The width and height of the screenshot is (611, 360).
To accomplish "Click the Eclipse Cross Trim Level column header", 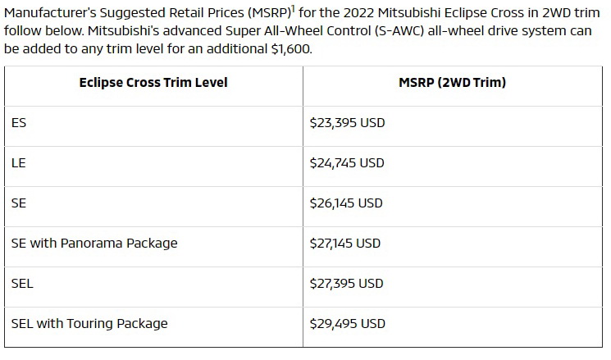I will click(x=153, y=83).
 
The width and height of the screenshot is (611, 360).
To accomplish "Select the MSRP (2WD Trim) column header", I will click(x=452, y=83).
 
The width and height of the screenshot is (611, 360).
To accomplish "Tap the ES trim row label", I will click(x=19, y=123).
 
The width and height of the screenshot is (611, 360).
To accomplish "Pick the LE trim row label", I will click(x=19, y=163).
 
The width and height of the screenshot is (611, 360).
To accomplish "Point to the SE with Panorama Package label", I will click(x=94, y=244).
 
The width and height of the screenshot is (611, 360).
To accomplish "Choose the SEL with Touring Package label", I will click(x=89, y=323).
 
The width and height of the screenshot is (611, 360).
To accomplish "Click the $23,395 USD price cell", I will click(x=347, y=123).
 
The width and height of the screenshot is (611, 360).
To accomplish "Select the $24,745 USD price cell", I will click(x=347, y=163).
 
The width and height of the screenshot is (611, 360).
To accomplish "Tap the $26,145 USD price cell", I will click(x=347, y=203).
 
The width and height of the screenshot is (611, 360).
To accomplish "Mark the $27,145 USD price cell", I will click(x=345, y=244).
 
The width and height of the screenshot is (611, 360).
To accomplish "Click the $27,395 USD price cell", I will click(x=347, y=284).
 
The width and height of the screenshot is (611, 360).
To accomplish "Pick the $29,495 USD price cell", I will click(x=347, y=323).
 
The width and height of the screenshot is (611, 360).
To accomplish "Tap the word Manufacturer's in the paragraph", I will click(x=47, y=13).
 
